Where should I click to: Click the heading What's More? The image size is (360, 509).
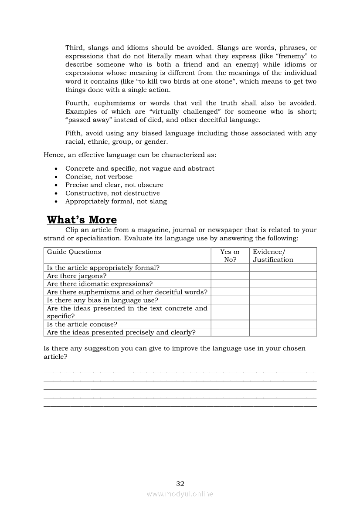pos(82,219)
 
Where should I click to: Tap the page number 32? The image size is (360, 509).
pos(180,483)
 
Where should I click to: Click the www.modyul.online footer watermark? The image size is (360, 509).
pos(180,494)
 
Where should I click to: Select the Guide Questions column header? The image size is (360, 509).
pos(74,252)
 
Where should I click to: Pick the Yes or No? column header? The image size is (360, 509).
pos(230,256)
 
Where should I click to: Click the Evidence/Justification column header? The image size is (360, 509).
pos(273,256)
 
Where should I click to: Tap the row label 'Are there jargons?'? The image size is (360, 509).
pos(77,276)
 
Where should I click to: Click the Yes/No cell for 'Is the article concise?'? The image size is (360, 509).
pos(230,324)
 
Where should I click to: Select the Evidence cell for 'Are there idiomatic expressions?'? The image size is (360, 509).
pos(283,284)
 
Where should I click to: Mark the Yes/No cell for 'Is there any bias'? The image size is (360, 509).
pos(230,300)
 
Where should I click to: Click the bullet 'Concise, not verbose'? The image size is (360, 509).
pos(99,177)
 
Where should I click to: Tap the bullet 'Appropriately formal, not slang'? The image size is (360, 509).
pos(116,201)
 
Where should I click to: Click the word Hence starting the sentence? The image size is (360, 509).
pos(53,155)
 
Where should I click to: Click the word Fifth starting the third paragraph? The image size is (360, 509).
pos(74,133)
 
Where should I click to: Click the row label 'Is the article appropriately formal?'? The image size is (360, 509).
pos(103,268)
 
